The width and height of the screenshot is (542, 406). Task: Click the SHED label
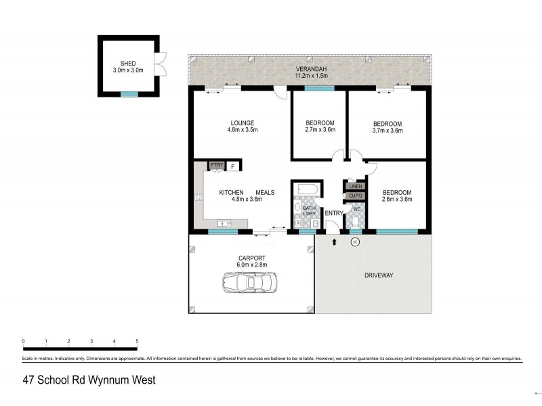(x=128, y=64)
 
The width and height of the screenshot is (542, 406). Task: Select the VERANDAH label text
(x=312, y=70)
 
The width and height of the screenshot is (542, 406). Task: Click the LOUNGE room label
(x=242, y=123)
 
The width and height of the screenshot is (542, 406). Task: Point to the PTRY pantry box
(x=216, y=165)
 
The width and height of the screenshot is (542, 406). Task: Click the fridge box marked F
(x=233, y=166)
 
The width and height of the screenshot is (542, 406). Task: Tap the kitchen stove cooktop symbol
(x=199, y=198)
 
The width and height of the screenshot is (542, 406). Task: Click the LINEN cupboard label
(x=356, y=186)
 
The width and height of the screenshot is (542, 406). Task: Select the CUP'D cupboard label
(x=356, y=196)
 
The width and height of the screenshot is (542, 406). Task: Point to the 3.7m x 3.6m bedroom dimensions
(x=387, y=131)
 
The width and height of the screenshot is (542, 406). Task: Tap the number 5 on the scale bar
(x=138, y=341)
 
